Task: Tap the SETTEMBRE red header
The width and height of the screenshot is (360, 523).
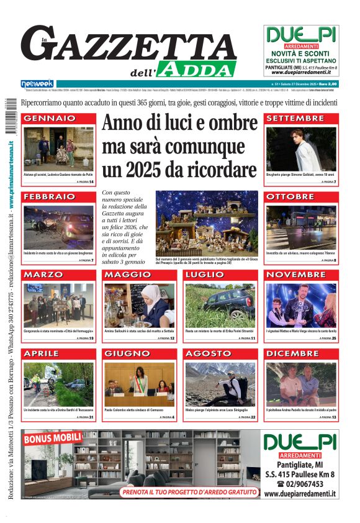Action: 295,118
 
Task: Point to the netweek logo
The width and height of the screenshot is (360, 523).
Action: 37,83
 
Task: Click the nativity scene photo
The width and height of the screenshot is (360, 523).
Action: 206,222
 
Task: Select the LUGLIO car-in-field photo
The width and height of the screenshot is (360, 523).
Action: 220,305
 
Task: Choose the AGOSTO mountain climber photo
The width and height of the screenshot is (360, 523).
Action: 220,384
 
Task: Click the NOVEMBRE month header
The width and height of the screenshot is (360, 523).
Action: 295,275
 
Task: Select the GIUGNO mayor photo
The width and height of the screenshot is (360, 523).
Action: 140,384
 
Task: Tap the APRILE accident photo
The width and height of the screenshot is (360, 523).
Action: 58,384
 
